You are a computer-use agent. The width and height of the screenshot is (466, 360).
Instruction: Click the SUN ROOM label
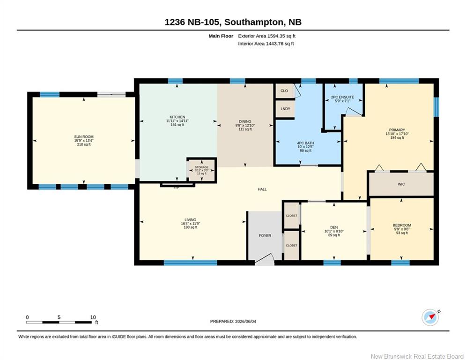point(84,137)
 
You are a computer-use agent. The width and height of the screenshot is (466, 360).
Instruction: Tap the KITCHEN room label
point(178,117)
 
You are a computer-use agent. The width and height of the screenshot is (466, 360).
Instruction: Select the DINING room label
point(245,122)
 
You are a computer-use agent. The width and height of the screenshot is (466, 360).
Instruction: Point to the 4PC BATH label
point(305,143)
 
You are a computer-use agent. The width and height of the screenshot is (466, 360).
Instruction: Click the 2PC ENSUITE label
point(342,97)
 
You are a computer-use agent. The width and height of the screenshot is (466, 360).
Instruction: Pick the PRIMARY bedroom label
point(397,130)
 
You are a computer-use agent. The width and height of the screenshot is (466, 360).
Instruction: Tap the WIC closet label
point(401,184)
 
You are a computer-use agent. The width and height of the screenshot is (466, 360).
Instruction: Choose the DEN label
point(334,227)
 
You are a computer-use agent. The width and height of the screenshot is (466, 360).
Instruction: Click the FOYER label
point(265,235)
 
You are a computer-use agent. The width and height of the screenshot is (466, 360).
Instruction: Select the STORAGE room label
point(201,167)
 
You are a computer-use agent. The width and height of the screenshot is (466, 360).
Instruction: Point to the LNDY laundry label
point(285,109)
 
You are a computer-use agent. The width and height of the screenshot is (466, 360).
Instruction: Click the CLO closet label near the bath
point(284,91)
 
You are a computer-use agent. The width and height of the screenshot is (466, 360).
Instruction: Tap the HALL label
point(262,189)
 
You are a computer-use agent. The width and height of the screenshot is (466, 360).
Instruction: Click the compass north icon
point(430,317)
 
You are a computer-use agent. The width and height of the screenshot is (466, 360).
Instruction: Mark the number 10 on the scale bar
point(93,317)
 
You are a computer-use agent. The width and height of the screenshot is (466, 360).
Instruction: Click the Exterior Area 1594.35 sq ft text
point(266,36)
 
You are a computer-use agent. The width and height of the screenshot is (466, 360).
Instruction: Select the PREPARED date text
point(233,321)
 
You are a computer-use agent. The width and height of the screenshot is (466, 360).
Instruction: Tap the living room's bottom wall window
point(191,262)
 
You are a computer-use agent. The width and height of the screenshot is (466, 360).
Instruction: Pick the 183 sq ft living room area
point(191,227)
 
